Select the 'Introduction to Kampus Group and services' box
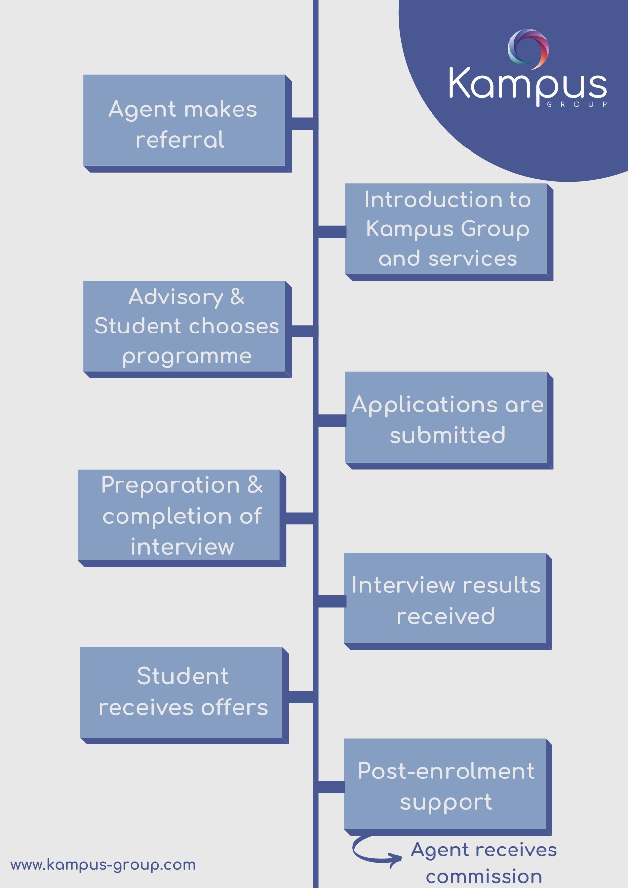pos(446,229)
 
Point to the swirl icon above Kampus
pos(528,48)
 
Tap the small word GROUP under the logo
pos(577,104)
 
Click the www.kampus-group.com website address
pos(103,864)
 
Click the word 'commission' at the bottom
pos(484,876)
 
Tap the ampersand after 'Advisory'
pos(237,297)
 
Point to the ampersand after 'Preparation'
pos(255,484)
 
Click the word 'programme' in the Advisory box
pos(187,356)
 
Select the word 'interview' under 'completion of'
pos(182,547)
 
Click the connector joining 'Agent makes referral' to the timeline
pos(302,124)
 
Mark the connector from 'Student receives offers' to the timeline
pos(301,697)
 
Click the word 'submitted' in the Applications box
pos(447,435)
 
